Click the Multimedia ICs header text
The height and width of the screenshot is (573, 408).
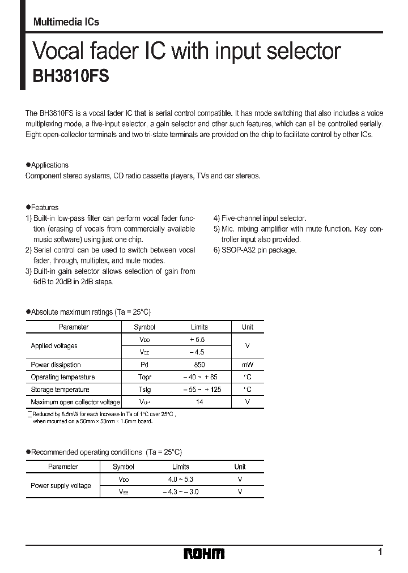pos(66,22)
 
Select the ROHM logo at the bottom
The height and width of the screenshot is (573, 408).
pos(204,553)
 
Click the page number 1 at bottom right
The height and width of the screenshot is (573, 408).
pos(380,551)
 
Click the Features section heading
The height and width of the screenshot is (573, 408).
pos(44,208)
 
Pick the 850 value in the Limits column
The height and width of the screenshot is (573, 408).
pos(199,365)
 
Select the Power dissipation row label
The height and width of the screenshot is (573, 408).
pos(56,365)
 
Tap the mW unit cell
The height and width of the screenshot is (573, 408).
pos(248,365)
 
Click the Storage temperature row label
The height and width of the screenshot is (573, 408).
pos(60,390)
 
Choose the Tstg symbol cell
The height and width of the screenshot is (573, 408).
pos(144,390)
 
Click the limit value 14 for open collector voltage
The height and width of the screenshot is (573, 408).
pos(199,402)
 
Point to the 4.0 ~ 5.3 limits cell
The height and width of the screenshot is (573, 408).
pos(180,480)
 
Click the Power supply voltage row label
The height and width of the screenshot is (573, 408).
pos(61,486)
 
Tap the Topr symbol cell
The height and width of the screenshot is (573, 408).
pos(144,377)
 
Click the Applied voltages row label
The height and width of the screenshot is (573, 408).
pos(54,346)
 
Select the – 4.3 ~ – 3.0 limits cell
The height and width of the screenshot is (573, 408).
pos(180,492)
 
